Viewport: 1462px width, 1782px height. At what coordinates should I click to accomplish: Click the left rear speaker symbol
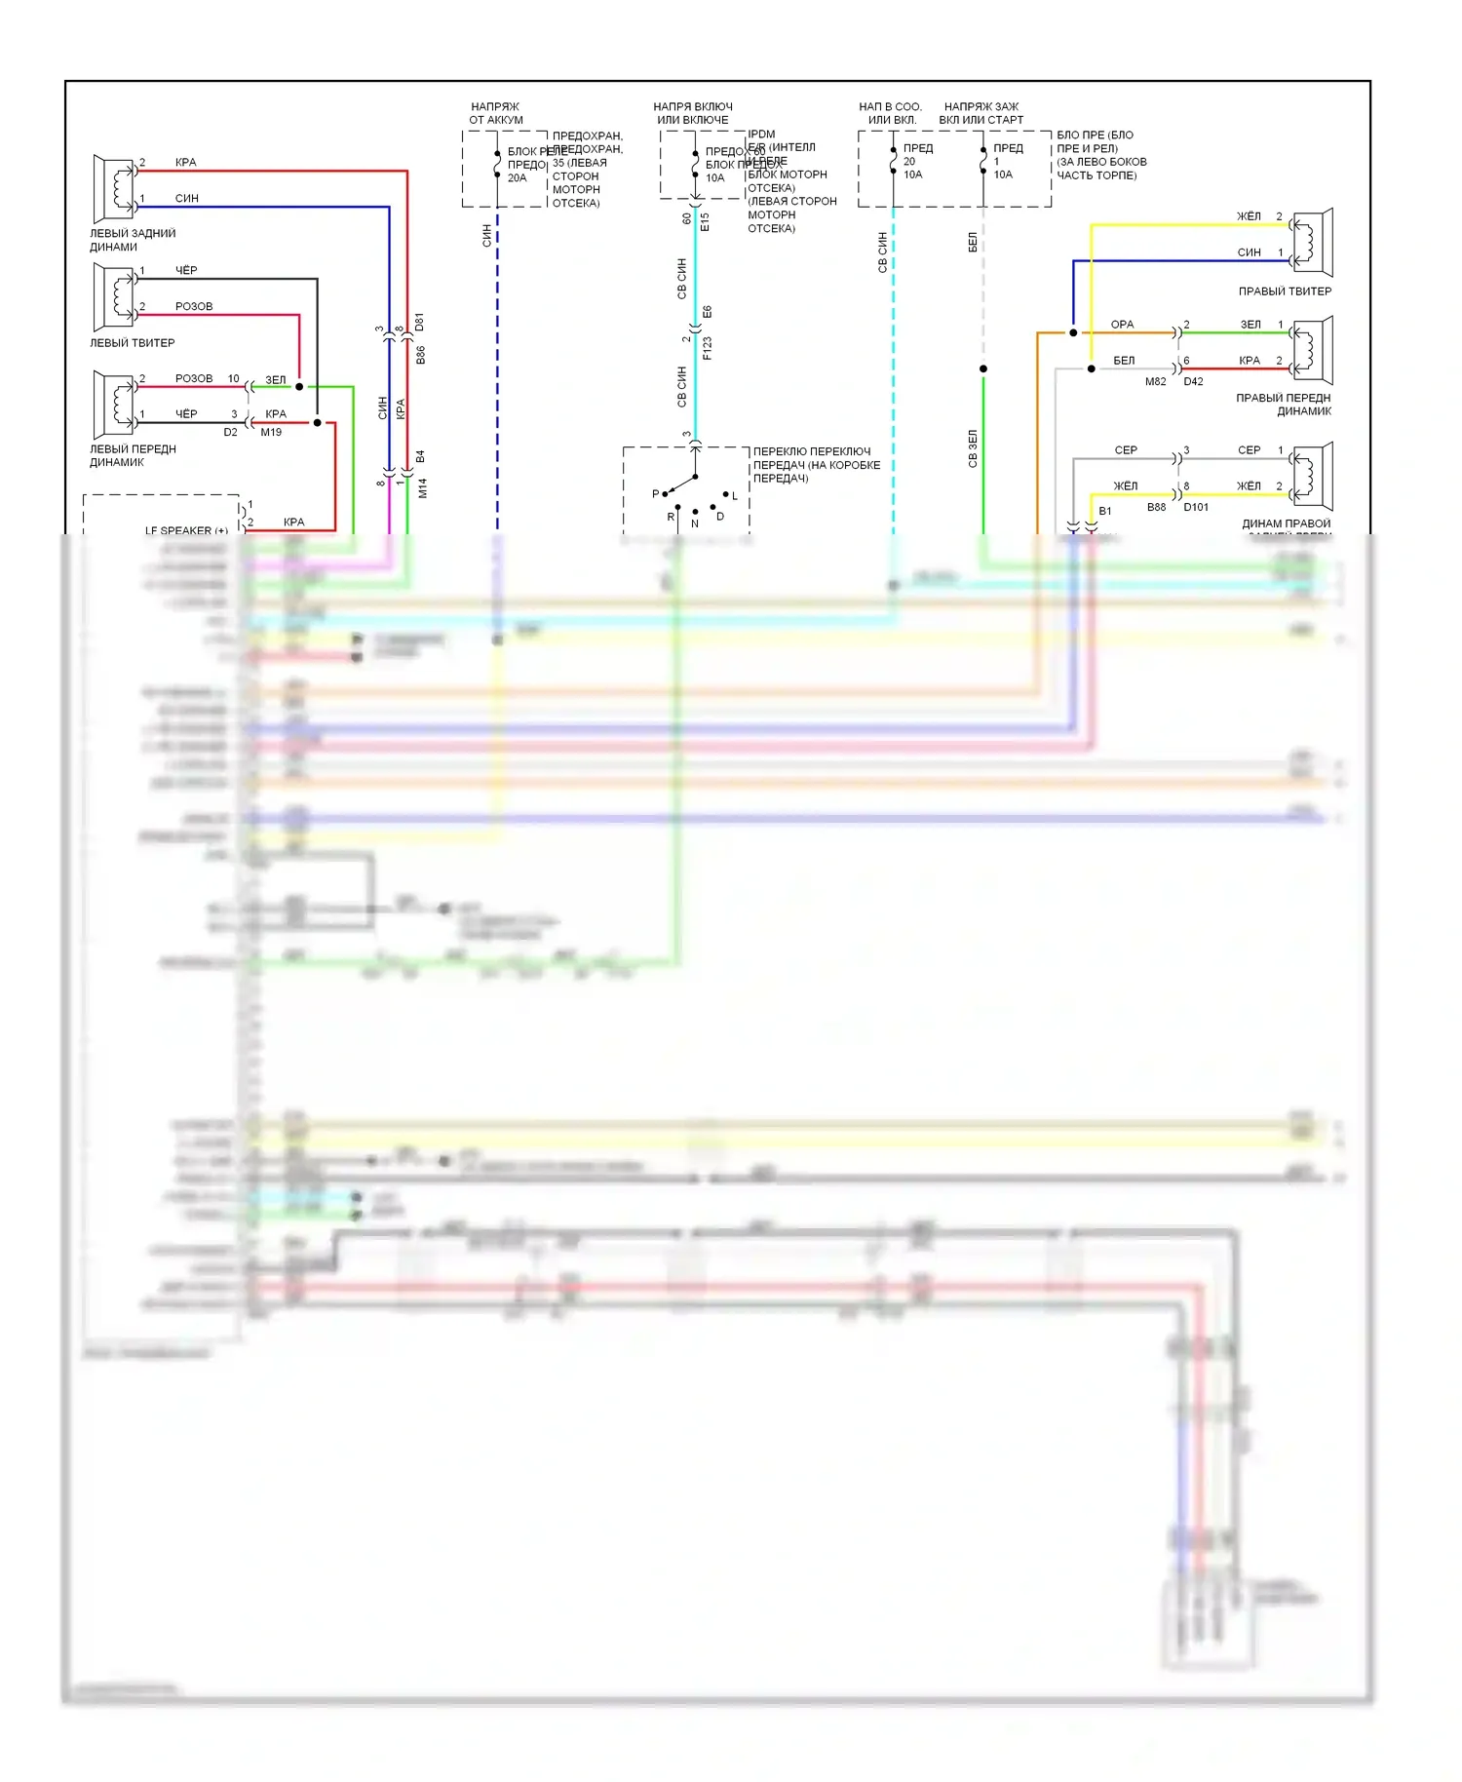point(114,188)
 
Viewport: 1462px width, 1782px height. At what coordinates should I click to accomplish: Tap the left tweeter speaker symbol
point(114,297)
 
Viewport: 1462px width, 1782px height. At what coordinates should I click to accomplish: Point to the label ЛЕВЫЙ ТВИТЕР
point(133,343)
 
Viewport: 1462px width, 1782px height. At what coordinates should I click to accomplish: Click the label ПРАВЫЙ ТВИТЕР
point(1285,291)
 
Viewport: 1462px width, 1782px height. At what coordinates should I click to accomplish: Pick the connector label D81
point(420,322)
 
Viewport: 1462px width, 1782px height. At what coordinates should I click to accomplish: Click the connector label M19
point(271,432)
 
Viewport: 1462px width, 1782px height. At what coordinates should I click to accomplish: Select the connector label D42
point(1193,382)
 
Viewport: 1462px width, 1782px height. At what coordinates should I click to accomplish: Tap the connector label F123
point(708,348)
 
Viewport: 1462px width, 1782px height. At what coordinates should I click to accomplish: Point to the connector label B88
point(1156,508)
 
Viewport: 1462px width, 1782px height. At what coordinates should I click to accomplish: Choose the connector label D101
point(1196,508)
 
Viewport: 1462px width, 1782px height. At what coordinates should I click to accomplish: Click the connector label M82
point(1155,382)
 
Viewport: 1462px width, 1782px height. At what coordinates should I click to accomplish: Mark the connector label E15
point(706,221)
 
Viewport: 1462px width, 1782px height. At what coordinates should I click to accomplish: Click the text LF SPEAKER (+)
point(186,530)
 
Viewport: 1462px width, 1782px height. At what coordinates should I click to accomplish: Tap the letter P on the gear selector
point(656,493)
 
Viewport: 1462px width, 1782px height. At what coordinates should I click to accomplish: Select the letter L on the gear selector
point(735,496)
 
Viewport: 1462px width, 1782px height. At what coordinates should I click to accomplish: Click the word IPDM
point(761,135)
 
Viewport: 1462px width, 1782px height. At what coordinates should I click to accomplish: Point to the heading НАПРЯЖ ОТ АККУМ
point(496,113)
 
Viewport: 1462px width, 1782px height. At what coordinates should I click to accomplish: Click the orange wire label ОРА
point(1122,325)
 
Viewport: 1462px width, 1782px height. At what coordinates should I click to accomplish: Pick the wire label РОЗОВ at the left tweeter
point(194,306)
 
